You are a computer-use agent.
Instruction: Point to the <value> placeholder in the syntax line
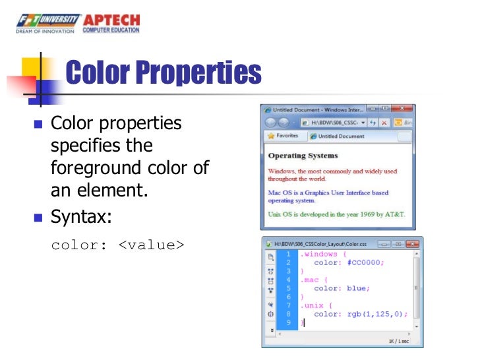[151, 245]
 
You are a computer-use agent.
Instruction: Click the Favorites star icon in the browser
[270, 136]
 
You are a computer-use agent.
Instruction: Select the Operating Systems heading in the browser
[303, 156]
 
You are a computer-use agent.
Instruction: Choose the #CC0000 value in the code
[363, 262]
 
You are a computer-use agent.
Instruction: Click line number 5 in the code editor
[287, 288]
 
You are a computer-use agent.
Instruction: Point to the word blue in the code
[359, 288]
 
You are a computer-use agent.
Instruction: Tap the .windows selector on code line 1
[319, 254]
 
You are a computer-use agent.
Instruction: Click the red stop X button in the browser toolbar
[398, 122]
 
